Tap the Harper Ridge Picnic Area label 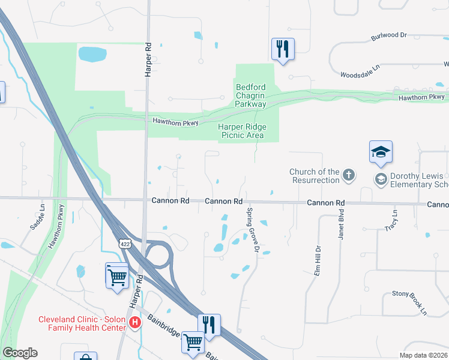coord(242,131)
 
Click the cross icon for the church coord(349,175)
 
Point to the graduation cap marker coord(381,152)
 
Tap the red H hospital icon coord(135,323)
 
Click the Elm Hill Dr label coord(318,256)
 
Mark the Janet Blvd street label coord(340,224)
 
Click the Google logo coord(20,353)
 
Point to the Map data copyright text coord(423,355)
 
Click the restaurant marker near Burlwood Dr coord(282,49)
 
